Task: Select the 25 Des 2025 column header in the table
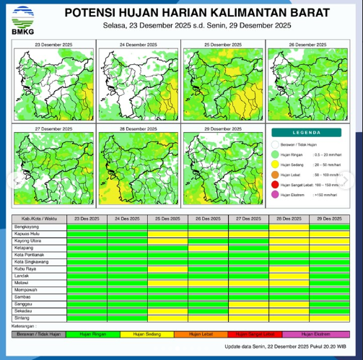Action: coord(167,218)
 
